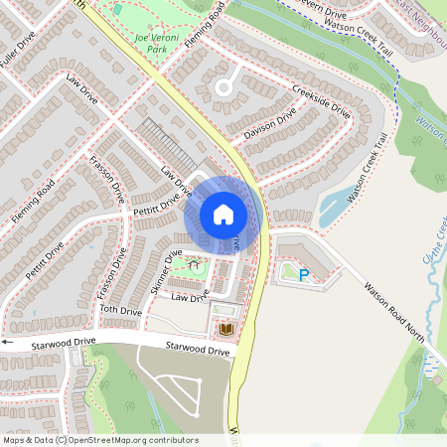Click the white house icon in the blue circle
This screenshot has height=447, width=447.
pyautogui.click(x=223, y=214)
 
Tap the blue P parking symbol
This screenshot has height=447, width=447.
pyautogui.click(x=304, y=274)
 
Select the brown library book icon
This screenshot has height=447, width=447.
pyautogui.click(x=225, y=328)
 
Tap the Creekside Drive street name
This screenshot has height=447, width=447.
pyautogui.click(x=322, y=100)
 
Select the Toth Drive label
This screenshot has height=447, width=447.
pyautogui.click(x=121, y=311)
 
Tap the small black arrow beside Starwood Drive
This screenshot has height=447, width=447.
pyautogui.click(x=6, y=342)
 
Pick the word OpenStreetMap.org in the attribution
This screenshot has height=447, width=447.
pyautogui.click(x=133, y=440)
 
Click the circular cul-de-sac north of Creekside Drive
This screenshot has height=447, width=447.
pyautogui.click(x=223, y=87)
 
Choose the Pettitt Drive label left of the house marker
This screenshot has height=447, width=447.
pyautogui.click(x=155, y=203)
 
